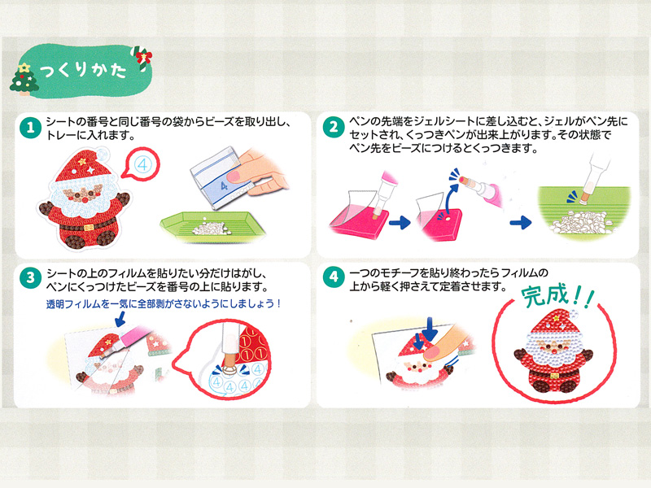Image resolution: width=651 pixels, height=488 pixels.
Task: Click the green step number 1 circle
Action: pyautogui.click(x=30, y=128)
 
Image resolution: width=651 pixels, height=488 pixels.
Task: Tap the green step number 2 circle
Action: pyautogui.click(x=334, y=127)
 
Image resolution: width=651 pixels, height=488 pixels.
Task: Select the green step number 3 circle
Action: pyautogui.click(x=30, y=277)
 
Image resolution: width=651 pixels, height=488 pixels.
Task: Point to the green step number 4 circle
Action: pyautogui.click(x=334, y=277)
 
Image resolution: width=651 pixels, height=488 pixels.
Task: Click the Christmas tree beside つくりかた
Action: pyautogui.click(x=24, y=79)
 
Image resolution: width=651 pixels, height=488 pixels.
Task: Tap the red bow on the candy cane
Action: pyautogui.click(x=144, y=55)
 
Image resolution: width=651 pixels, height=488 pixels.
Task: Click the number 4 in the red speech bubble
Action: pyautogui.click(x=142, y=165)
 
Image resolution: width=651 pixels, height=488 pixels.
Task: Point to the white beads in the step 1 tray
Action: pyautogui.click(x=210, y=228)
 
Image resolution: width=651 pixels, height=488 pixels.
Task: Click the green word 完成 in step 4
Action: pyautogui.click(x=544, y=295)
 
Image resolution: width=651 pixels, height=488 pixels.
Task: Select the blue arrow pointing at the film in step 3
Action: pyautogui.click(x=120, y=319)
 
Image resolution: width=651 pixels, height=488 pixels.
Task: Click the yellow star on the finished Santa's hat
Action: pyautogui.click(x=556, y=319)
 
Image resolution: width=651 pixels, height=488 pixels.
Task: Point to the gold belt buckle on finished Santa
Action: pyautogui.click(x=555, y=376)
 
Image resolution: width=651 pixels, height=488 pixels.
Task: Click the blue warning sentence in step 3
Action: pyautogui.click(x=164, y=303)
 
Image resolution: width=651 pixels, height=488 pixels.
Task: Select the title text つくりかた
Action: pyautogui.click(x=83, y=70)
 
